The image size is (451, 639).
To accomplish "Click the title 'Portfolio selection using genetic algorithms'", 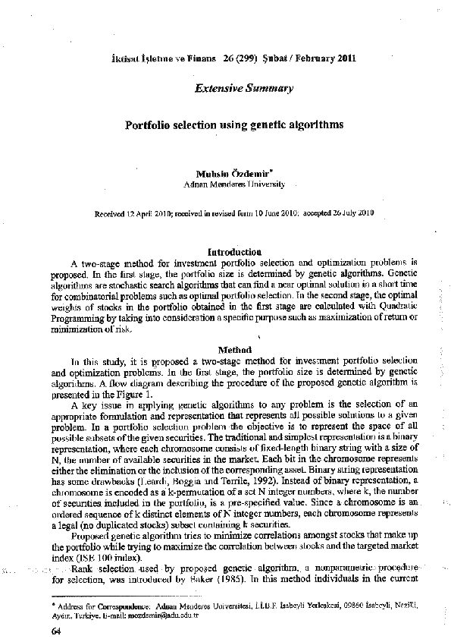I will click(234, 124).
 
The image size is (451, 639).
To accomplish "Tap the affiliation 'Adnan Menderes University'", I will click(235, 184).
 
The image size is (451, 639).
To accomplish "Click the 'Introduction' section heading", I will click(235, 250).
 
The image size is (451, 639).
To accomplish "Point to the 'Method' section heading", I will click(234, 350).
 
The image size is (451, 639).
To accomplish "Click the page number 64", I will click(55, 630).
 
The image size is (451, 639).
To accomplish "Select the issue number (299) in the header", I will click(246, 58).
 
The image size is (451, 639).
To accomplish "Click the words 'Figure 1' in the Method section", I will click(136, 394).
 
